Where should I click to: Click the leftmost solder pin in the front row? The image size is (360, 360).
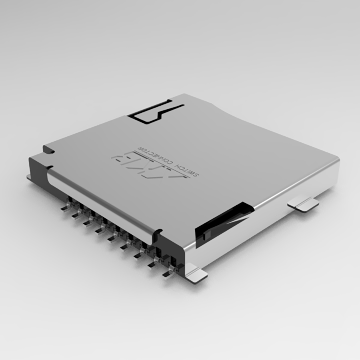pyautogui.click(x=64, y=208)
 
